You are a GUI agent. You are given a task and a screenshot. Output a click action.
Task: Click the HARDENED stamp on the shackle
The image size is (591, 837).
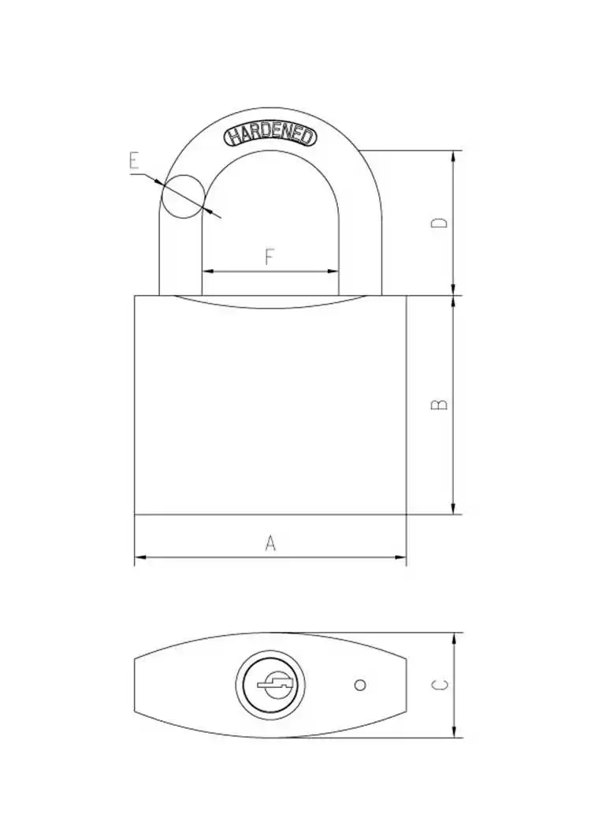pos(271,135)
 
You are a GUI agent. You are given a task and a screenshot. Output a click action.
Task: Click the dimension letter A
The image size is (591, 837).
pos(270,543)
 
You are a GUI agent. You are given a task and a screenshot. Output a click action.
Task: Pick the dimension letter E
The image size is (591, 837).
pos(134,163)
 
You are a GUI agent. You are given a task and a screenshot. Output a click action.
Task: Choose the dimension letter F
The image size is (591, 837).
pos(269,257)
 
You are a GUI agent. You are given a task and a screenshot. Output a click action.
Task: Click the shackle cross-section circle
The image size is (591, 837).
pos(182,196)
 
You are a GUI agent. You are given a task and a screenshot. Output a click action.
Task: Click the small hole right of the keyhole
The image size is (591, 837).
pos(360,685)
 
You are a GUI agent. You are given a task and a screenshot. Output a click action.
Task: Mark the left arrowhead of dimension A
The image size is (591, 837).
pos(139,559)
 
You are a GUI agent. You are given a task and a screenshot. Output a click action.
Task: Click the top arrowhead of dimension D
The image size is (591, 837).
pos(453,155)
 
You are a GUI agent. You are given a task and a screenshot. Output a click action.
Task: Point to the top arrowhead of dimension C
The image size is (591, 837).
pos(454,637)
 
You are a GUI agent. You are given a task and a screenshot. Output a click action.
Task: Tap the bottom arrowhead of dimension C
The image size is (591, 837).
pos(454,733)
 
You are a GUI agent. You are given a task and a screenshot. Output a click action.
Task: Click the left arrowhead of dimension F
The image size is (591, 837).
pos(208,271)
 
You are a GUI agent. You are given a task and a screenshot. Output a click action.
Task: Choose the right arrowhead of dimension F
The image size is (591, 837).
pos(334,271)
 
